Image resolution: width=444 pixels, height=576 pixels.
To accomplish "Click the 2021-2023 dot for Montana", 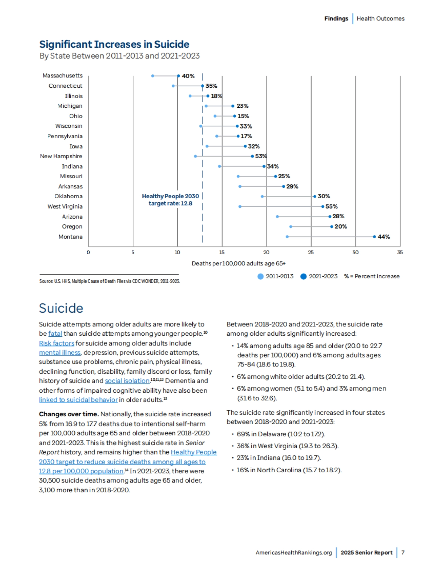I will [x=374, y=237].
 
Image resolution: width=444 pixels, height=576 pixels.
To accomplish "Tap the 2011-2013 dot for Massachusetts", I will [x=152, y=76].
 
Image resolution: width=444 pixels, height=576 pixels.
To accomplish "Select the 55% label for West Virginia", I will [x=332, y=207].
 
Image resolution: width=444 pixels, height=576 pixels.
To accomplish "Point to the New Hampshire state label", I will [x=61, y=156].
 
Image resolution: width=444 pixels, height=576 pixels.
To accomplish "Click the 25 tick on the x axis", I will [x=311, y=253].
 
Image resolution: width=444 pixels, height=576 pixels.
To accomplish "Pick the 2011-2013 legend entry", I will [x=276, y=276].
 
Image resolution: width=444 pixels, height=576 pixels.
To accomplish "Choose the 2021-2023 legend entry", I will [x=319, y=276].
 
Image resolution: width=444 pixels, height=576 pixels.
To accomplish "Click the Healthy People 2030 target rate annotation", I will [x=170, y=200].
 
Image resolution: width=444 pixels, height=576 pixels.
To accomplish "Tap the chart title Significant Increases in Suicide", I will [x=114, y=44].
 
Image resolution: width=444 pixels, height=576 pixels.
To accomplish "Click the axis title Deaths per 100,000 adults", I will [x=238, y=264].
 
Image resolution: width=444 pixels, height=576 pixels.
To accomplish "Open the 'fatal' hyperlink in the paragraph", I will [x=55, y=334].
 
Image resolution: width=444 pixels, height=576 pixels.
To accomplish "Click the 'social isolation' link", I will [x=127, y=381].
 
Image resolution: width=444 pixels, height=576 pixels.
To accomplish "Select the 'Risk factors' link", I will [x=57, y=343].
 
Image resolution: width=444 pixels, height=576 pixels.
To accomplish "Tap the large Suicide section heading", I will [x=61, y=308].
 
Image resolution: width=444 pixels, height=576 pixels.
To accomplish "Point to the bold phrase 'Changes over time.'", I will [x=69, y=414].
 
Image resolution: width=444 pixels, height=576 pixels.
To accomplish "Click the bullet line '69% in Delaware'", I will [x=281, y=434].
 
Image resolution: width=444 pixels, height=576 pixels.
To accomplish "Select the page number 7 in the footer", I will [x=403, y=553].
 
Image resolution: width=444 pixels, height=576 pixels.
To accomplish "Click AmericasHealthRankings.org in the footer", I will [x=293, y=553].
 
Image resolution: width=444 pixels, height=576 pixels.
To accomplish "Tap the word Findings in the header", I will [x=336, y=19].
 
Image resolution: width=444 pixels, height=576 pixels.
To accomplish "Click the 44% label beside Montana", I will [x=384, y=237].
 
